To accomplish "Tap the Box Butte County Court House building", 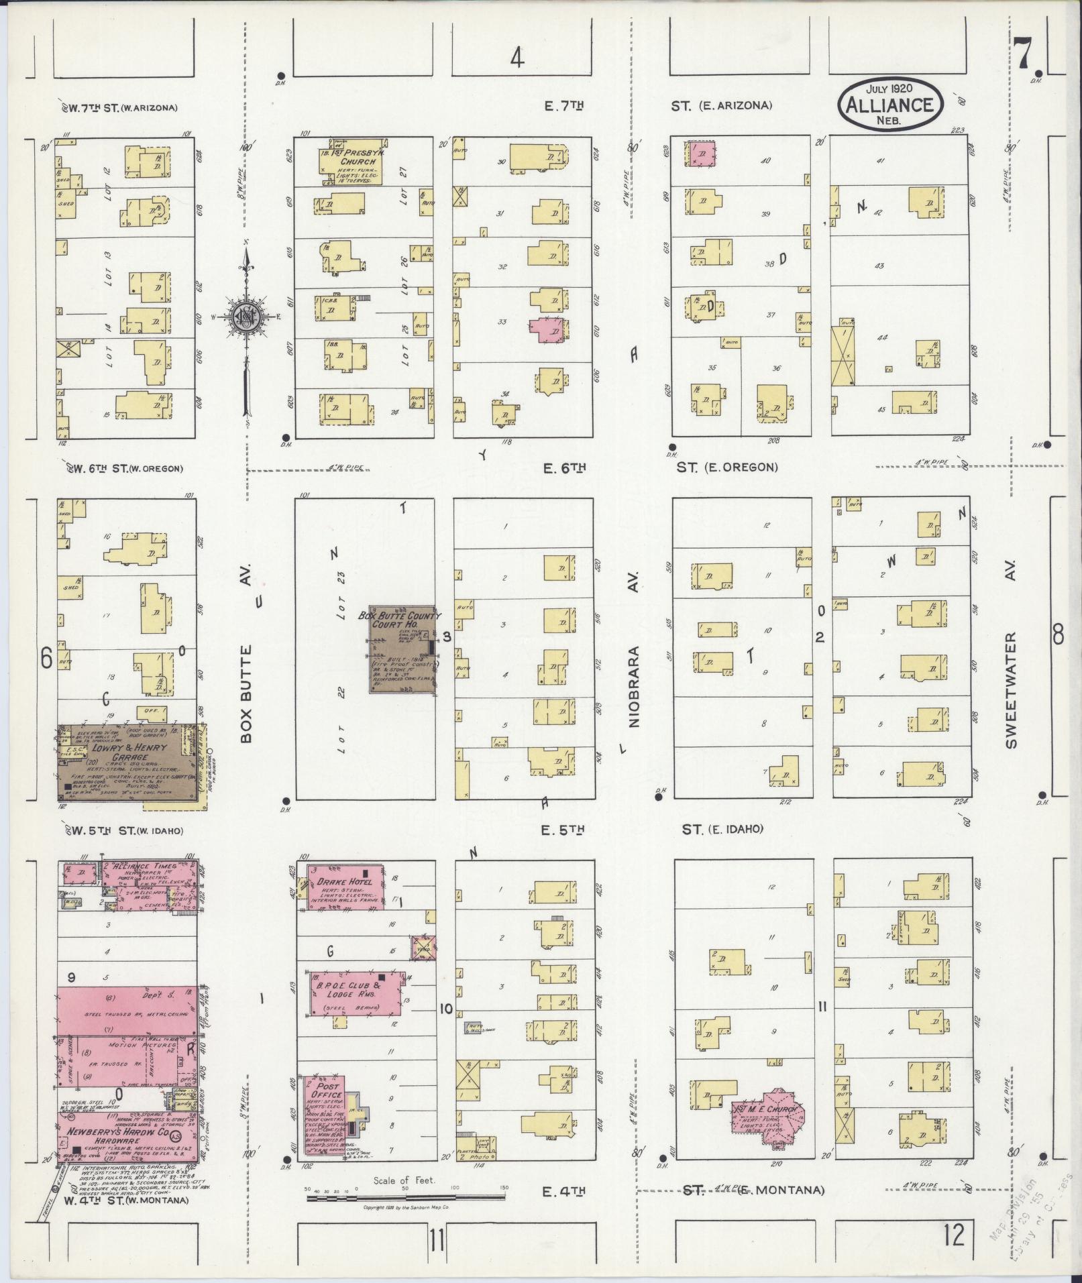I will [x=400, y=649].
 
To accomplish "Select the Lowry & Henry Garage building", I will [x=127, y=763].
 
